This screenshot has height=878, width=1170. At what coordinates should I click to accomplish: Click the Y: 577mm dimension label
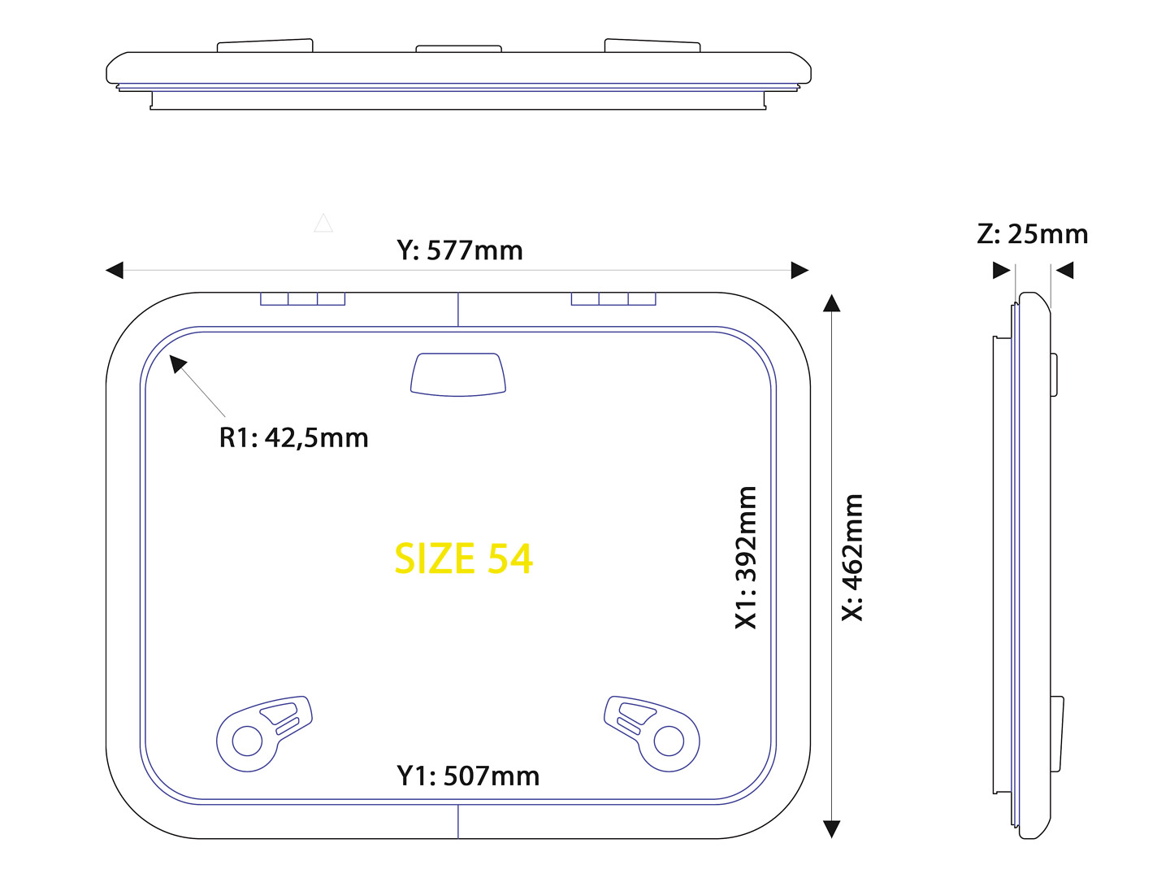click(460, 250)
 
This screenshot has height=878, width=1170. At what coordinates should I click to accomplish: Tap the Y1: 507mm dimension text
click(467, 776)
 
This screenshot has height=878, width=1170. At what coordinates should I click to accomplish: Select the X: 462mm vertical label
click(851, 557)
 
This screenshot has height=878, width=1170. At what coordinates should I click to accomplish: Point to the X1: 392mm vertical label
click(745, 558)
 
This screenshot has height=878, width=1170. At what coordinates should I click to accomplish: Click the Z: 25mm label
click(1032, 234)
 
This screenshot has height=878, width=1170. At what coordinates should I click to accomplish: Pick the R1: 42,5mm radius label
click(293, 437)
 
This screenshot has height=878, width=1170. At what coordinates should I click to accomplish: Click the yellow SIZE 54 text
click(463, 559)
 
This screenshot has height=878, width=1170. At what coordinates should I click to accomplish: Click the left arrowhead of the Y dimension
click(115, 270)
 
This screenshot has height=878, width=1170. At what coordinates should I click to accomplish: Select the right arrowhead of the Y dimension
click(799, 270)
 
